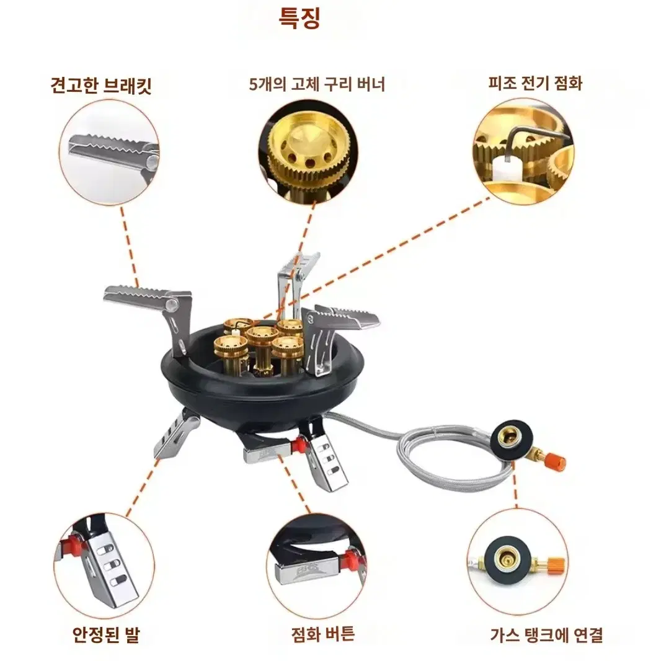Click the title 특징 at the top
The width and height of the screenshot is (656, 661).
(299, 19)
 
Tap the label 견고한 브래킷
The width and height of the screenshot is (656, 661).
(101, 86)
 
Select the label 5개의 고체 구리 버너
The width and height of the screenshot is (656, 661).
(317, 84)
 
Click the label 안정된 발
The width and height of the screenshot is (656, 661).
(106, 634)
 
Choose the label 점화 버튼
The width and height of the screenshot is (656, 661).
(323, 634)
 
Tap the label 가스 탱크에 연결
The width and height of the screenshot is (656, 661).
(547, 635)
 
